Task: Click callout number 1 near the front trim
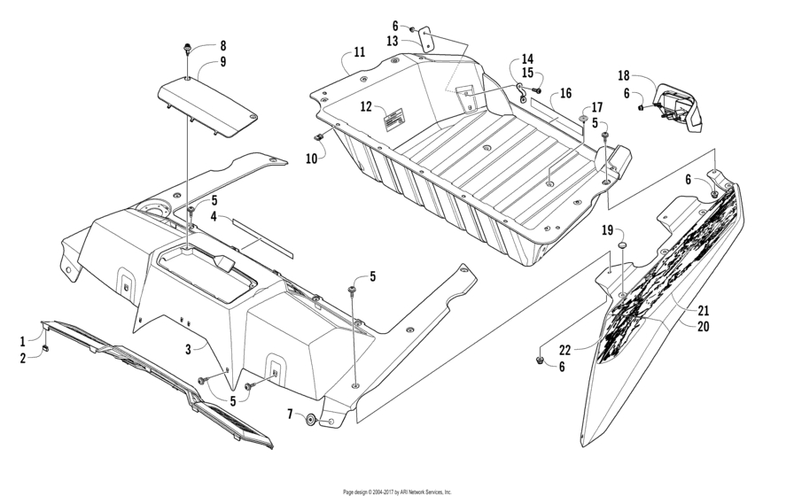point(23,340)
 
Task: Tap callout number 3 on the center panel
point(189,350)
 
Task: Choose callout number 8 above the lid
point(222,45)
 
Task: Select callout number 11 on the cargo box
point(358,53)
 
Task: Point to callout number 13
point(392,41)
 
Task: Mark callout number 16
point(565,93)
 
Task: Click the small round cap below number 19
point(621,244)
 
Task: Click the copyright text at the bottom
point(397,491)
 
